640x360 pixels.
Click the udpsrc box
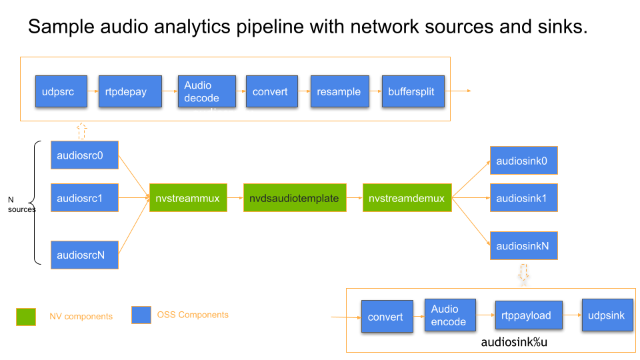pyautogui.click(x=61, y=92)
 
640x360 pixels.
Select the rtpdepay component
pyautogui.click(x=126, y=92)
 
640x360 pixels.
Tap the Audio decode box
pyautogui.click(x=207, y=92)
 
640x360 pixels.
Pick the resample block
pyautogui.click(x=339, y=92)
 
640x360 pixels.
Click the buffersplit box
pyautogui.click(x=412, y=92)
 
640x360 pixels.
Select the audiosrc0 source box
pyautogui.click(x=85, y=155)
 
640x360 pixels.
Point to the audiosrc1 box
pyautogui.click(x=85, y=198)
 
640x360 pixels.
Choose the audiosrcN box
pyautogui.click(x=85, y=255)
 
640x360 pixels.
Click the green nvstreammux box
pyautogui.click(x=188, y=198)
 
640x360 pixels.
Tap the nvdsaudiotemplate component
pyautogui.click(x=295, y=198)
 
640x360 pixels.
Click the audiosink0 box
pyautogui.click(x=523, y=161)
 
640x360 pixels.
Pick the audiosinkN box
pyautogui.click(x=523, y=246)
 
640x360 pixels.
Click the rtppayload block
pyautogui.click(x=529, y=315)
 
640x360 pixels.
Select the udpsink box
pyautogui.click(x=607, y=315)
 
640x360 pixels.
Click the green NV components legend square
pyautogui.click(x=26, y=316)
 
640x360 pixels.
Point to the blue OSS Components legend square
pyautogui.click(x=141, y=315)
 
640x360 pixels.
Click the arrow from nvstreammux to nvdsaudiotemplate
pyautogui.click(x=235, y=198)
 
